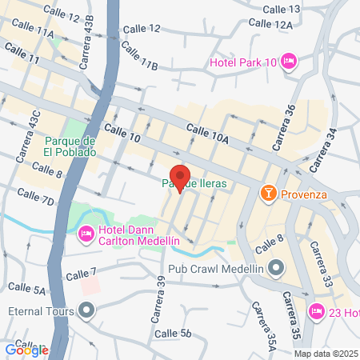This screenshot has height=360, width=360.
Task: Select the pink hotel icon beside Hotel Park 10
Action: pyautogui.click(x=290, y=61)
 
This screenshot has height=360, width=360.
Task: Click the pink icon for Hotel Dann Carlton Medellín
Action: pyautogui.click(x=86, y=233)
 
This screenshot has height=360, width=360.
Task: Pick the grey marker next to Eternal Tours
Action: pyautogui.click(x=86, y=310)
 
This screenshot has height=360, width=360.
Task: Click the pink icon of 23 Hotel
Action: pyautogui.click(x=315, y=311)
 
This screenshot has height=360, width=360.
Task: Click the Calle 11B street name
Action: pyautogui.click(x=140, y=58)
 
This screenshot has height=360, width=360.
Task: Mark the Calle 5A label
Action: pyautogui.click(x=26, y=287)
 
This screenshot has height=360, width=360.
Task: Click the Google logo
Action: pyautogui.click(x=26, y=349)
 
